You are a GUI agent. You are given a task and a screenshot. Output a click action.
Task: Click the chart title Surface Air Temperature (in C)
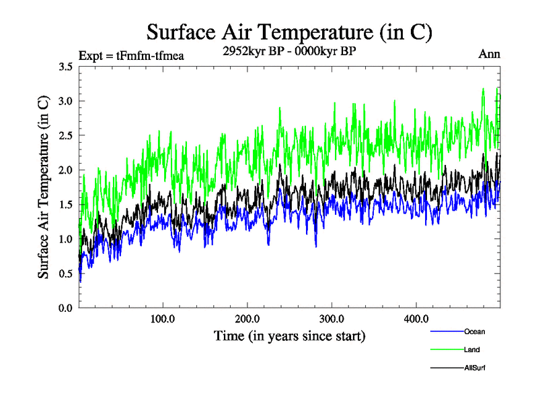(289, 32)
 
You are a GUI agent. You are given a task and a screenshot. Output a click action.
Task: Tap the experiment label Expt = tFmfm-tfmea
(131, 55)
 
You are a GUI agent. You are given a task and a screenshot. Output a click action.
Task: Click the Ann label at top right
(489, 55)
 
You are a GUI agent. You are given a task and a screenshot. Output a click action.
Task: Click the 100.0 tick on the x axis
(163, 318)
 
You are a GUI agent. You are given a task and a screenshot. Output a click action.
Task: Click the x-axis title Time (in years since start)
(290, 335)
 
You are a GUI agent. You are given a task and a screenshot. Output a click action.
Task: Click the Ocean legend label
(473, 332)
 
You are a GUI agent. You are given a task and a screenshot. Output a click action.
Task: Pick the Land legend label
(471, 350)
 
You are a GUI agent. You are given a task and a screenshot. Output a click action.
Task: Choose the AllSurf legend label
(474, 368)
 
